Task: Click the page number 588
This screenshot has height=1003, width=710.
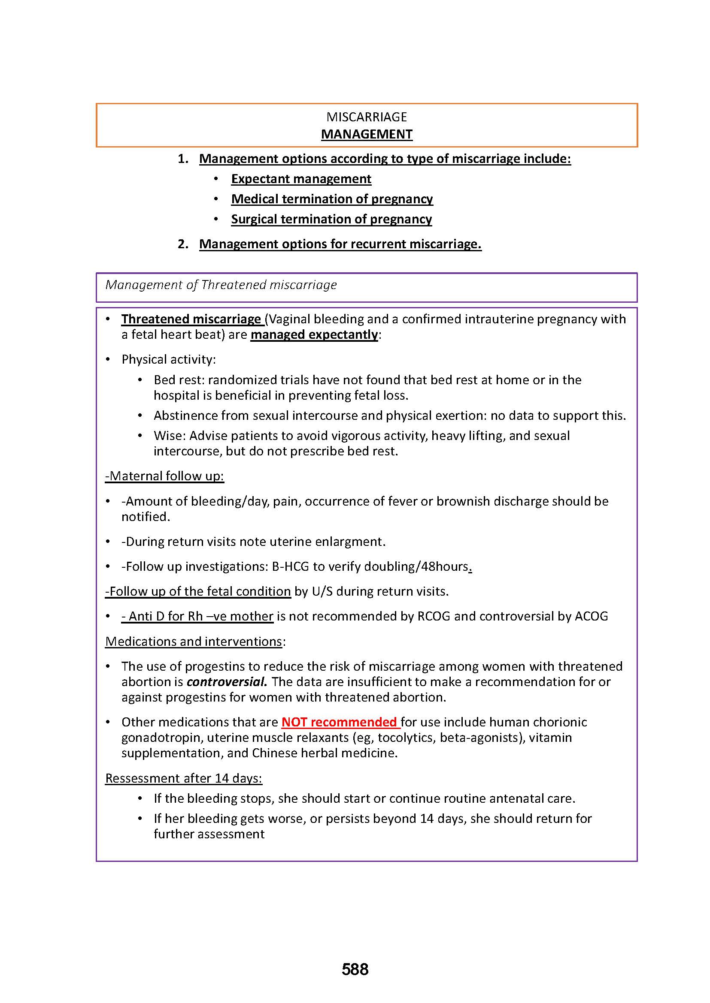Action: [x=355, y=969]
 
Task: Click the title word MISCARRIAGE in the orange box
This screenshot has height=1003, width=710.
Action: [x=366, y=117]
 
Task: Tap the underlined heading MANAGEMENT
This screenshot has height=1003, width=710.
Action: [x=366, y=134]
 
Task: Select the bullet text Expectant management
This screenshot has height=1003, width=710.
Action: [x=301, y=179]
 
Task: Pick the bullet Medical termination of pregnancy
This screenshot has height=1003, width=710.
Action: [x=332, y=199]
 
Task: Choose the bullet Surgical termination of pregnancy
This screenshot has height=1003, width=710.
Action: [x=331, y=219]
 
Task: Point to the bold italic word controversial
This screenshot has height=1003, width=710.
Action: [x=227, y=682]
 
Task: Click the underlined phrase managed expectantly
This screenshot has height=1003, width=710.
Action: [x=314, y=334]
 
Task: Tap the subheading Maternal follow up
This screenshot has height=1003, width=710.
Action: [x=164, y=476]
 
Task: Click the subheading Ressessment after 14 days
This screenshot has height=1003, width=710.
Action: [x=184, y=778]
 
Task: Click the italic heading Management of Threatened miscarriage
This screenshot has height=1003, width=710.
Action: [x=221, y=285]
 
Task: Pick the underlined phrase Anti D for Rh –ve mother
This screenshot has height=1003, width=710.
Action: [x=197, y=616]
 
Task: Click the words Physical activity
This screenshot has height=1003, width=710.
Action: [x=168, y=359]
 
